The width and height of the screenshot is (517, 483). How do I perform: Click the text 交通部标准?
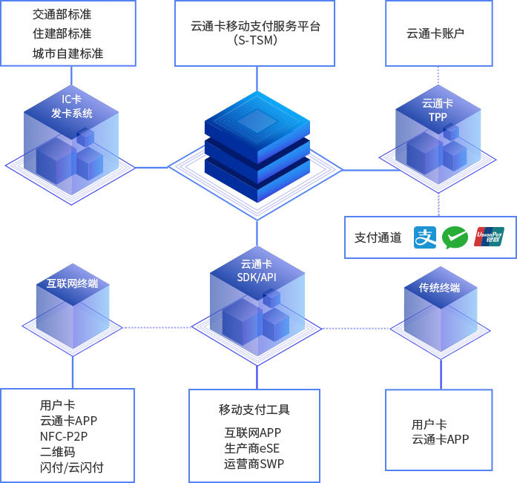pos(63,14)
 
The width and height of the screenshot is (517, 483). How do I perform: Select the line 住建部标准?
pos(63,33)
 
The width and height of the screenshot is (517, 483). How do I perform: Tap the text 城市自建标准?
pos(68,53)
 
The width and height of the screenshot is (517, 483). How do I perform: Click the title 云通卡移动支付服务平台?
pos(255,25)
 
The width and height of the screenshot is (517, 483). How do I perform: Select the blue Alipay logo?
pos(425,237)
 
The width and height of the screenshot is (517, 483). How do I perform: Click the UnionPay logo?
pos(489,237)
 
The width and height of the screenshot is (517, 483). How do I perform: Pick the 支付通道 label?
pos(378,237)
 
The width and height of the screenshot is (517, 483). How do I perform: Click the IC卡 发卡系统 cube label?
pos(72,106)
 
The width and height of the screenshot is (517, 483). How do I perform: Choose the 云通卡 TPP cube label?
pos(437,110)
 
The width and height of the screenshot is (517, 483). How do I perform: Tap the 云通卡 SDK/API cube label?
pos(256,270)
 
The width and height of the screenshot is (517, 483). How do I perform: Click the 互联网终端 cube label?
pos(72,283)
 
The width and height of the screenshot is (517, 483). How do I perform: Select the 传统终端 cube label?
pos(439,287)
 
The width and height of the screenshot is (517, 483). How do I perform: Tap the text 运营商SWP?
pos(254,464)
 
